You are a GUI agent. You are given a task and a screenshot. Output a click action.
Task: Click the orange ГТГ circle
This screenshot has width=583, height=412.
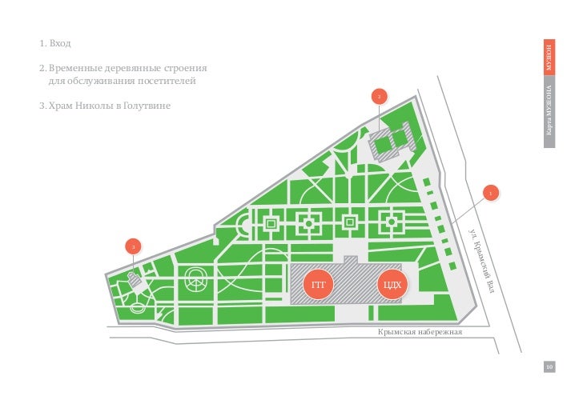point(317,285)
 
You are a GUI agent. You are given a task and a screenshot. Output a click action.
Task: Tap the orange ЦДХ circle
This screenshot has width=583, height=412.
point(392,285)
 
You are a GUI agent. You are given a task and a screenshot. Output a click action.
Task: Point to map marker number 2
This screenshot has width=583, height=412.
point(380,98)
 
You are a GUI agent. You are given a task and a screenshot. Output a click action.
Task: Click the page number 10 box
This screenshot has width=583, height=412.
point(549,366)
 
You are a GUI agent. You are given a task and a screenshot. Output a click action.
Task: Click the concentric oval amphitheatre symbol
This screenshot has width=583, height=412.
point(195,281)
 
